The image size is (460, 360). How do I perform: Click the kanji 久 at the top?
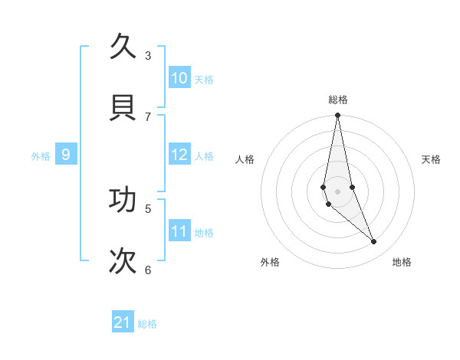click(x=123, y=47)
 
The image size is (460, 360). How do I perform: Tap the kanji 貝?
click(x=123, y=106)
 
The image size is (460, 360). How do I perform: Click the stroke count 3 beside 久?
click(x=148, y=55)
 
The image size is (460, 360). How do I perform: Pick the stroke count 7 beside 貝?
click(x=148, y=116)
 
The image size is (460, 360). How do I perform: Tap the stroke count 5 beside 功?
click(x=148, y=208)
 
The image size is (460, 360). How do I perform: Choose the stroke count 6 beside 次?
click(x=148, y=270)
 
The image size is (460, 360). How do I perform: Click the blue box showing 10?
click(x=179, y=78)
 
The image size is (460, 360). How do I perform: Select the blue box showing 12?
click(x=179, y=155)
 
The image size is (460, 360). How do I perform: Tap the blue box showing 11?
click(x=179, y=231)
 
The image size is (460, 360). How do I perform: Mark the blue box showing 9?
click(x=66, y=155)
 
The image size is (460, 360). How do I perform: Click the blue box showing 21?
click(x=123, y=322)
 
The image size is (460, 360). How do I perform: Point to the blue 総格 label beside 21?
click(x=147, y=324)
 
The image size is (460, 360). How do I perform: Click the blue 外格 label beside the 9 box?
click(x=41, y=156)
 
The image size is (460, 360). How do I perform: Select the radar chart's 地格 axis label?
click(x=402, y=263)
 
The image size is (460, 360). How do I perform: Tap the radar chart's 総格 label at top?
click(x=338, y=100)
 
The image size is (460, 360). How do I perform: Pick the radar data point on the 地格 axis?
click(x=374, y=242)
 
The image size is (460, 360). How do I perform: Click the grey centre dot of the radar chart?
click(x=338, y=191)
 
